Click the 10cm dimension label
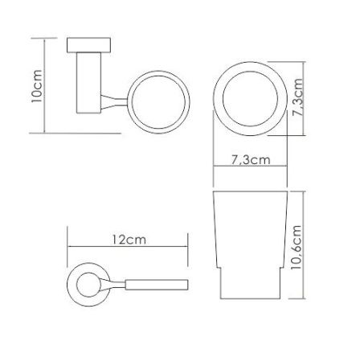36,86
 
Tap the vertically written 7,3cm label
297,97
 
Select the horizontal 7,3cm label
251,160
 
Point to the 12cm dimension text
129,240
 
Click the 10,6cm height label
297,247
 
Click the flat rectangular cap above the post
88,45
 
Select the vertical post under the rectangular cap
88,83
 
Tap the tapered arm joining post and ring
114,102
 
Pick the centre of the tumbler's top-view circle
250,98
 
